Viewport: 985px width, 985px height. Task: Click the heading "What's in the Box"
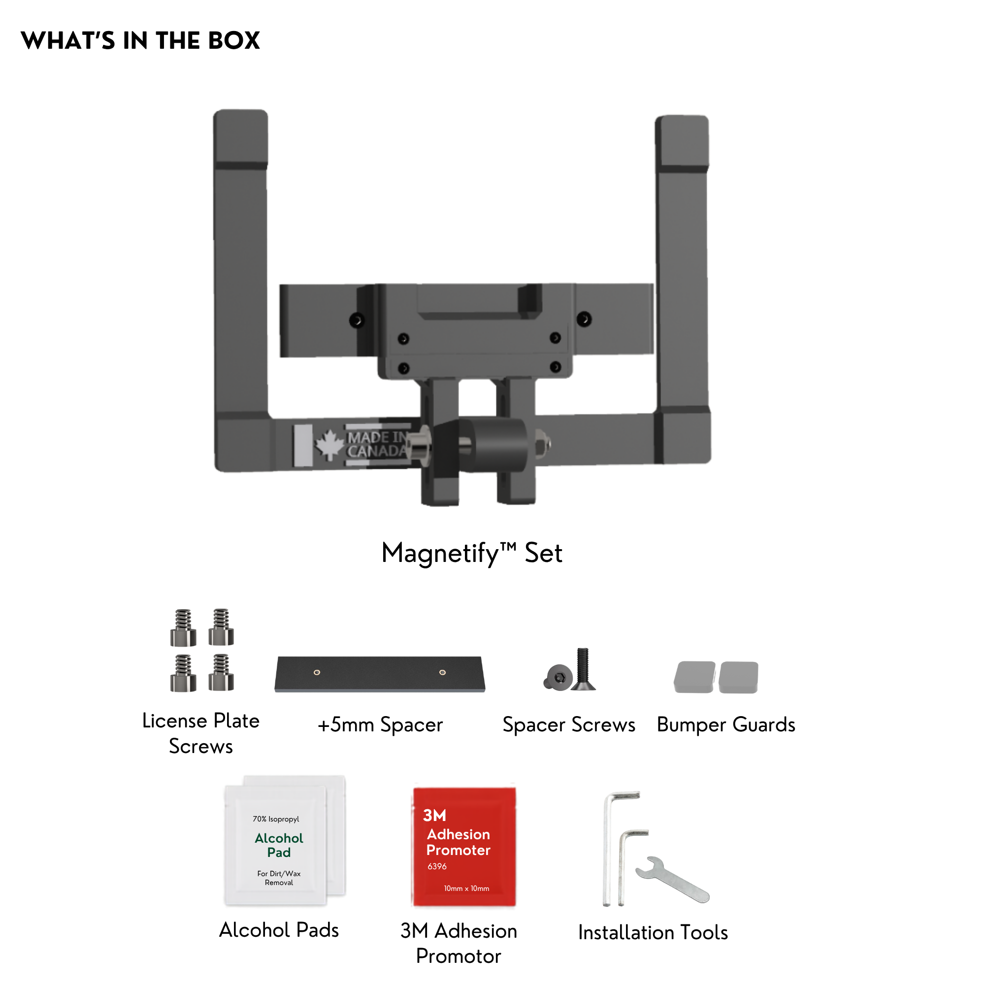click(x=140, y=40)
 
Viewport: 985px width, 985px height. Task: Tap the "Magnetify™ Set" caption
click(x=472, y=553)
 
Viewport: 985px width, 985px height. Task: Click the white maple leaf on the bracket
click(x=330, y=444)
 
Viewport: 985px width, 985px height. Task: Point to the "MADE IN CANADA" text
click(x=378, y=444)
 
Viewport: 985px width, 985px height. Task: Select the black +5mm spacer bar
click(x=380, y=674)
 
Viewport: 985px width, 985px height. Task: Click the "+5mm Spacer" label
click(x=380, y=724)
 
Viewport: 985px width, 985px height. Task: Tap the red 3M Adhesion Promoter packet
click(x=464, y=847)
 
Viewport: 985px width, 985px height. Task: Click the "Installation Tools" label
click(x=653, y=932)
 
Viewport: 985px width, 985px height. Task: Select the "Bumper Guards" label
click(x=726, y=724)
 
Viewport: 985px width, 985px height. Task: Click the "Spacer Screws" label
click(x=569, y=724)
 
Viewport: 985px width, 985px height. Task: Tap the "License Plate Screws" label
click(x=201, y=734)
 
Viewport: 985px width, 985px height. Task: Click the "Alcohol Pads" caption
click(x=279, y=930)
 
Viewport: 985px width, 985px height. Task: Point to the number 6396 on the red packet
click(x=437, y=866)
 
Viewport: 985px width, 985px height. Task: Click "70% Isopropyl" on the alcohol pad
click(x=276, y=819)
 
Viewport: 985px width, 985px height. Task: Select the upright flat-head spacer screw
click(x=583, y=669)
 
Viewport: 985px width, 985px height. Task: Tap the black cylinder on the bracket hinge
click(x=493, y=445)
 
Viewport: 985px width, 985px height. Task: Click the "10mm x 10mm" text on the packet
click(x=466, y=888)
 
